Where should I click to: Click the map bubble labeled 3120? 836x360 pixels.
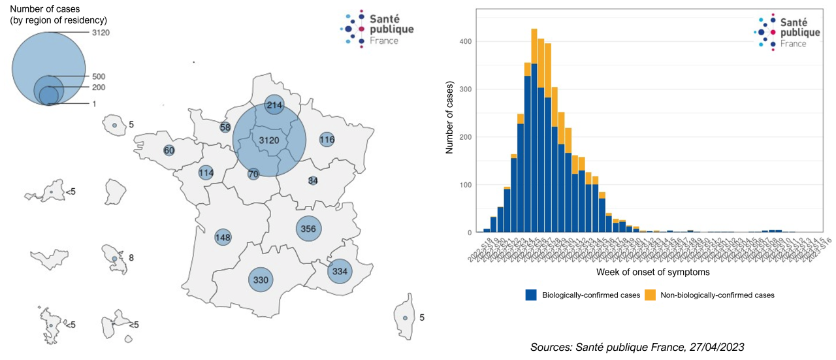click(269, 140)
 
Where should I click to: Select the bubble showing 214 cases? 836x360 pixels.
click(274, 106)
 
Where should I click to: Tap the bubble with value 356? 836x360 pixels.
click(309, 229)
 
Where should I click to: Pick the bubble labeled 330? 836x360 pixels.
click(261, 280)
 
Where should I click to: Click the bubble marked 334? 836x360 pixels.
click(340, 270)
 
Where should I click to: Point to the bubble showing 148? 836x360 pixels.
click(223, 237)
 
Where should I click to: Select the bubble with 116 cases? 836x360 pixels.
click(327, 140)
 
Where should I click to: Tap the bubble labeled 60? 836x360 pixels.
click(169, 151)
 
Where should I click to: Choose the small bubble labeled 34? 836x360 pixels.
click(313, 180)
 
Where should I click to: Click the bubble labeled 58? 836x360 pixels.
click(225, 127)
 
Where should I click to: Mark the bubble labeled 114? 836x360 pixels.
click(206, 173)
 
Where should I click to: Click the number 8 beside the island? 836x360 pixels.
click(131, 258)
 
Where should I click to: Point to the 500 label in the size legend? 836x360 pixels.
click(99, 76)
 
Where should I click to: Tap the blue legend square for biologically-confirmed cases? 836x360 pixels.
click(531, 295)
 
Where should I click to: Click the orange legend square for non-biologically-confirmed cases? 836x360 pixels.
click(650, 295)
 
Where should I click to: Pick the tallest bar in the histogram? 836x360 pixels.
click(534, 131)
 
